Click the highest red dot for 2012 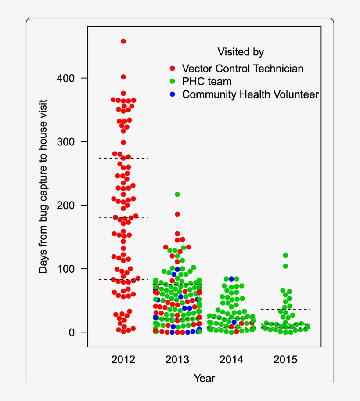point(123,41)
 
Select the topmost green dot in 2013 point(177,194)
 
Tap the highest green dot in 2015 point(285,255)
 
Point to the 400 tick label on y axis point(66,78)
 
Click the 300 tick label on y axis point(66,141)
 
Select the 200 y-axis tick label point(66,205)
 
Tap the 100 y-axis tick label point(66,269)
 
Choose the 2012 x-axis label point(123,360)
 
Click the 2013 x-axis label point(177,360)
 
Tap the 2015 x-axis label point(285,360)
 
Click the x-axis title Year point(205,378)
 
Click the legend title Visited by point(241,52)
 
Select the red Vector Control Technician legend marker point(173,69)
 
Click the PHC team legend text point(207,81)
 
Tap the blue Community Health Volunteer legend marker point(173,94)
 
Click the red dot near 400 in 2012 point(123,77)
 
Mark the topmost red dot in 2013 point(177,214)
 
